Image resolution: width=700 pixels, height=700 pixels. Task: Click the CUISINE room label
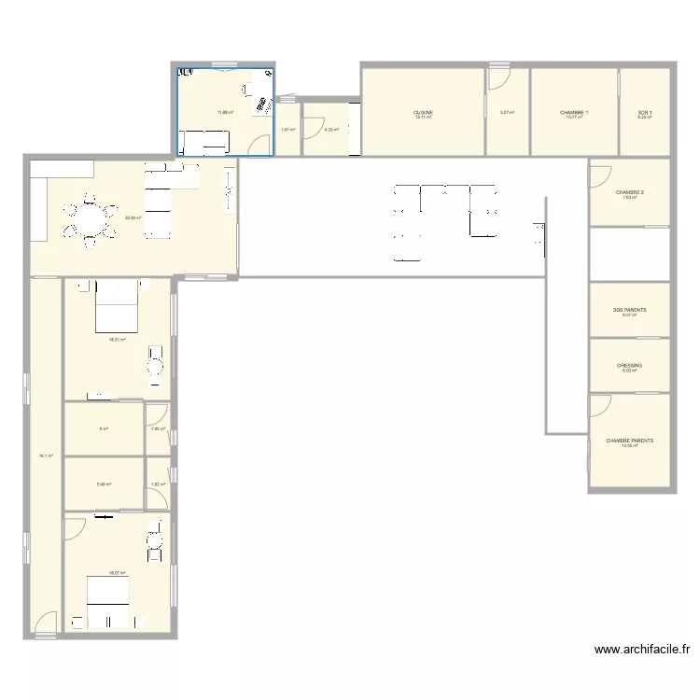(x=424, y=113)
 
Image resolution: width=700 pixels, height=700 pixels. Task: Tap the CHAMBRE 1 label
(x=574, y=113)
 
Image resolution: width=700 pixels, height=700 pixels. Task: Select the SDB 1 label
(x=644, y=113)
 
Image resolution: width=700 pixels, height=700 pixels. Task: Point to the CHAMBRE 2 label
(x=630, y=192)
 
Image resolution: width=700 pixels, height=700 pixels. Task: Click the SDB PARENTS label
(x=630, y=310)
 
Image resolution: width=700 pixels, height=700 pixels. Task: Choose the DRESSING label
(x=630, y=366)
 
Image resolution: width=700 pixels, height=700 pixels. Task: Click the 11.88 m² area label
(x=225, y=113)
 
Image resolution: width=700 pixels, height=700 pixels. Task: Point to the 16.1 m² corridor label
(x=46, y=456)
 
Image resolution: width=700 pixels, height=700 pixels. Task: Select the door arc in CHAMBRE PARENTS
(x=599, y=404)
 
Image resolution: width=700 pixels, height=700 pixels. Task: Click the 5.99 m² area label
(x=104, y=484)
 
